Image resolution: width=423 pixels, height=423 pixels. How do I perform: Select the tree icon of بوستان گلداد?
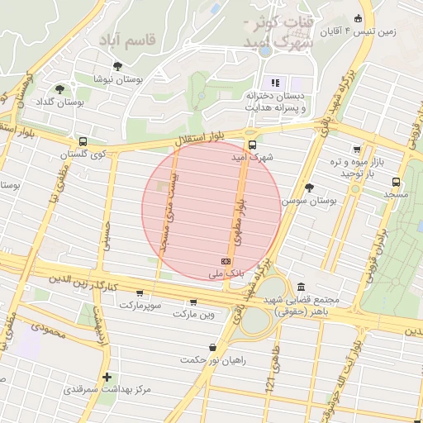pyautogui.click(x=59, y=88)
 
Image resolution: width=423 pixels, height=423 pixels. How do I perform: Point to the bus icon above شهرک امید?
pyautogui.click(x=251, y=141)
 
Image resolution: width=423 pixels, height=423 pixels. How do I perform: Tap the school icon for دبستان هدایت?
pyautogui.click(x=275, y=83)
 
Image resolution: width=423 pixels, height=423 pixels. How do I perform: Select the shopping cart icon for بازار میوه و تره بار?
pyautogui.click(x=356, y=150)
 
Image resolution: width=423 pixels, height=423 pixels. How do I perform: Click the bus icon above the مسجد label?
pyautogui.click(x=396, y=181)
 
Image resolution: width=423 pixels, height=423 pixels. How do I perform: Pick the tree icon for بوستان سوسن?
pyautogui.click(x=309, y=188)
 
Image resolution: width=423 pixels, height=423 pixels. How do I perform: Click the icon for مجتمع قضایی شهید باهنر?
pyautogui.click(x=300, y=286)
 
